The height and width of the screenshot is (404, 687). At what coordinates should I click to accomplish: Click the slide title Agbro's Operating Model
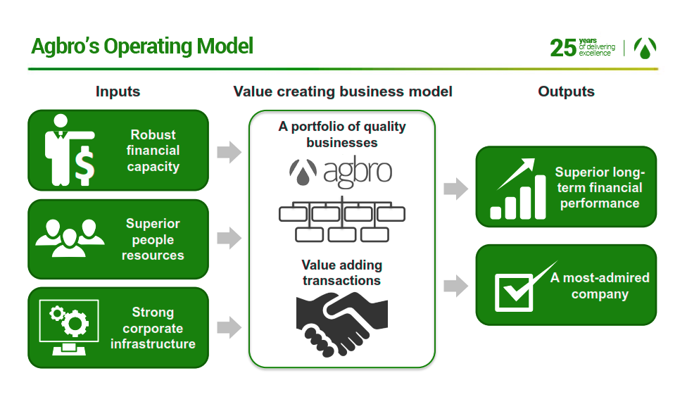pyautogui.click(x=142, y=46)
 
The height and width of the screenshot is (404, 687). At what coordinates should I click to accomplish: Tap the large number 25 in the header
pyautogui.click(x=563, y=48)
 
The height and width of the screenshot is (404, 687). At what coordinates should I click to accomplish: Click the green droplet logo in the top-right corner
pyautogui.click(x=645, y=48)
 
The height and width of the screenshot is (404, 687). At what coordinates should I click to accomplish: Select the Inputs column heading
pyautogui.click(x=118, y=91)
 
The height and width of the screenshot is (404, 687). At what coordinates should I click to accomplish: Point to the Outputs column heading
pyautogui.click(x=566, y=91)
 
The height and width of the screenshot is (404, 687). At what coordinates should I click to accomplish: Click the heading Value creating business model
pyautogui.click(x=343, y=91)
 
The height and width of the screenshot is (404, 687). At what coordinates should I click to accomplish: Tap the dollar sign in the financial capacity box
pyautogui.click(x=84, y=166)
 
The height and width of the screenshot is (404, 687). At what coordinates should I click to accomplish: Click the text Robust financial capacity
pyautogui.click(x=153, y=151)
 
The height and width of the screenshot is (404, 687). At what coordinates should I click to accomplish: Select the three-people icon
pyautogui.click(x=70, y=238)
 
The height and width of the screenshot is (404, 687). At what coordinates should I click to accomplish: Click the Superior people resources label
pyautogui.click(x=153, y=239)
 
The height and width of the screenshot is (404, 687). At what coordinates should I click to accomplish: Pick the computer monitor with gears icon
pyautogui.click(x=69, y=327)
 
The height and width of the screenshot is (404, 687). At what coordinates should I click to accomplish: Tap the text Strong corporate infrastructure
pyautogui.click(x=153, y=328)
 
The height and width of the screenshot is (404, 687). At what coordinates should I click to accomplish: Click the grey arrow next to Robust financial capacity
pyautogui.click(x=229, y=152)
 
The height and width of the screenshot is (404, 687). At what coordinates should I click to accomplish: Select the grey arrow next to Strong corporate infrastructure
pyautogui.click(x=229, y=327)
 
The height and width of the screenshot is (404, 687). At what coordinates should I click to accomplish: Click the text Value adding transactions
pyautogui.click(x=342, y=272)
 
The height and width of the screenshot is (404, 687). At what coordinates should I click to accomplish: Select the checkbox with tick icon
pyautogui.click(x=525, y=287)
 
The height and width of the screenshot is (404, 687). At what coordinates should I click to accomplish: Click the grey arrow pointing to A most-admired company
pyautogui.click(x=455, y=286)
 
